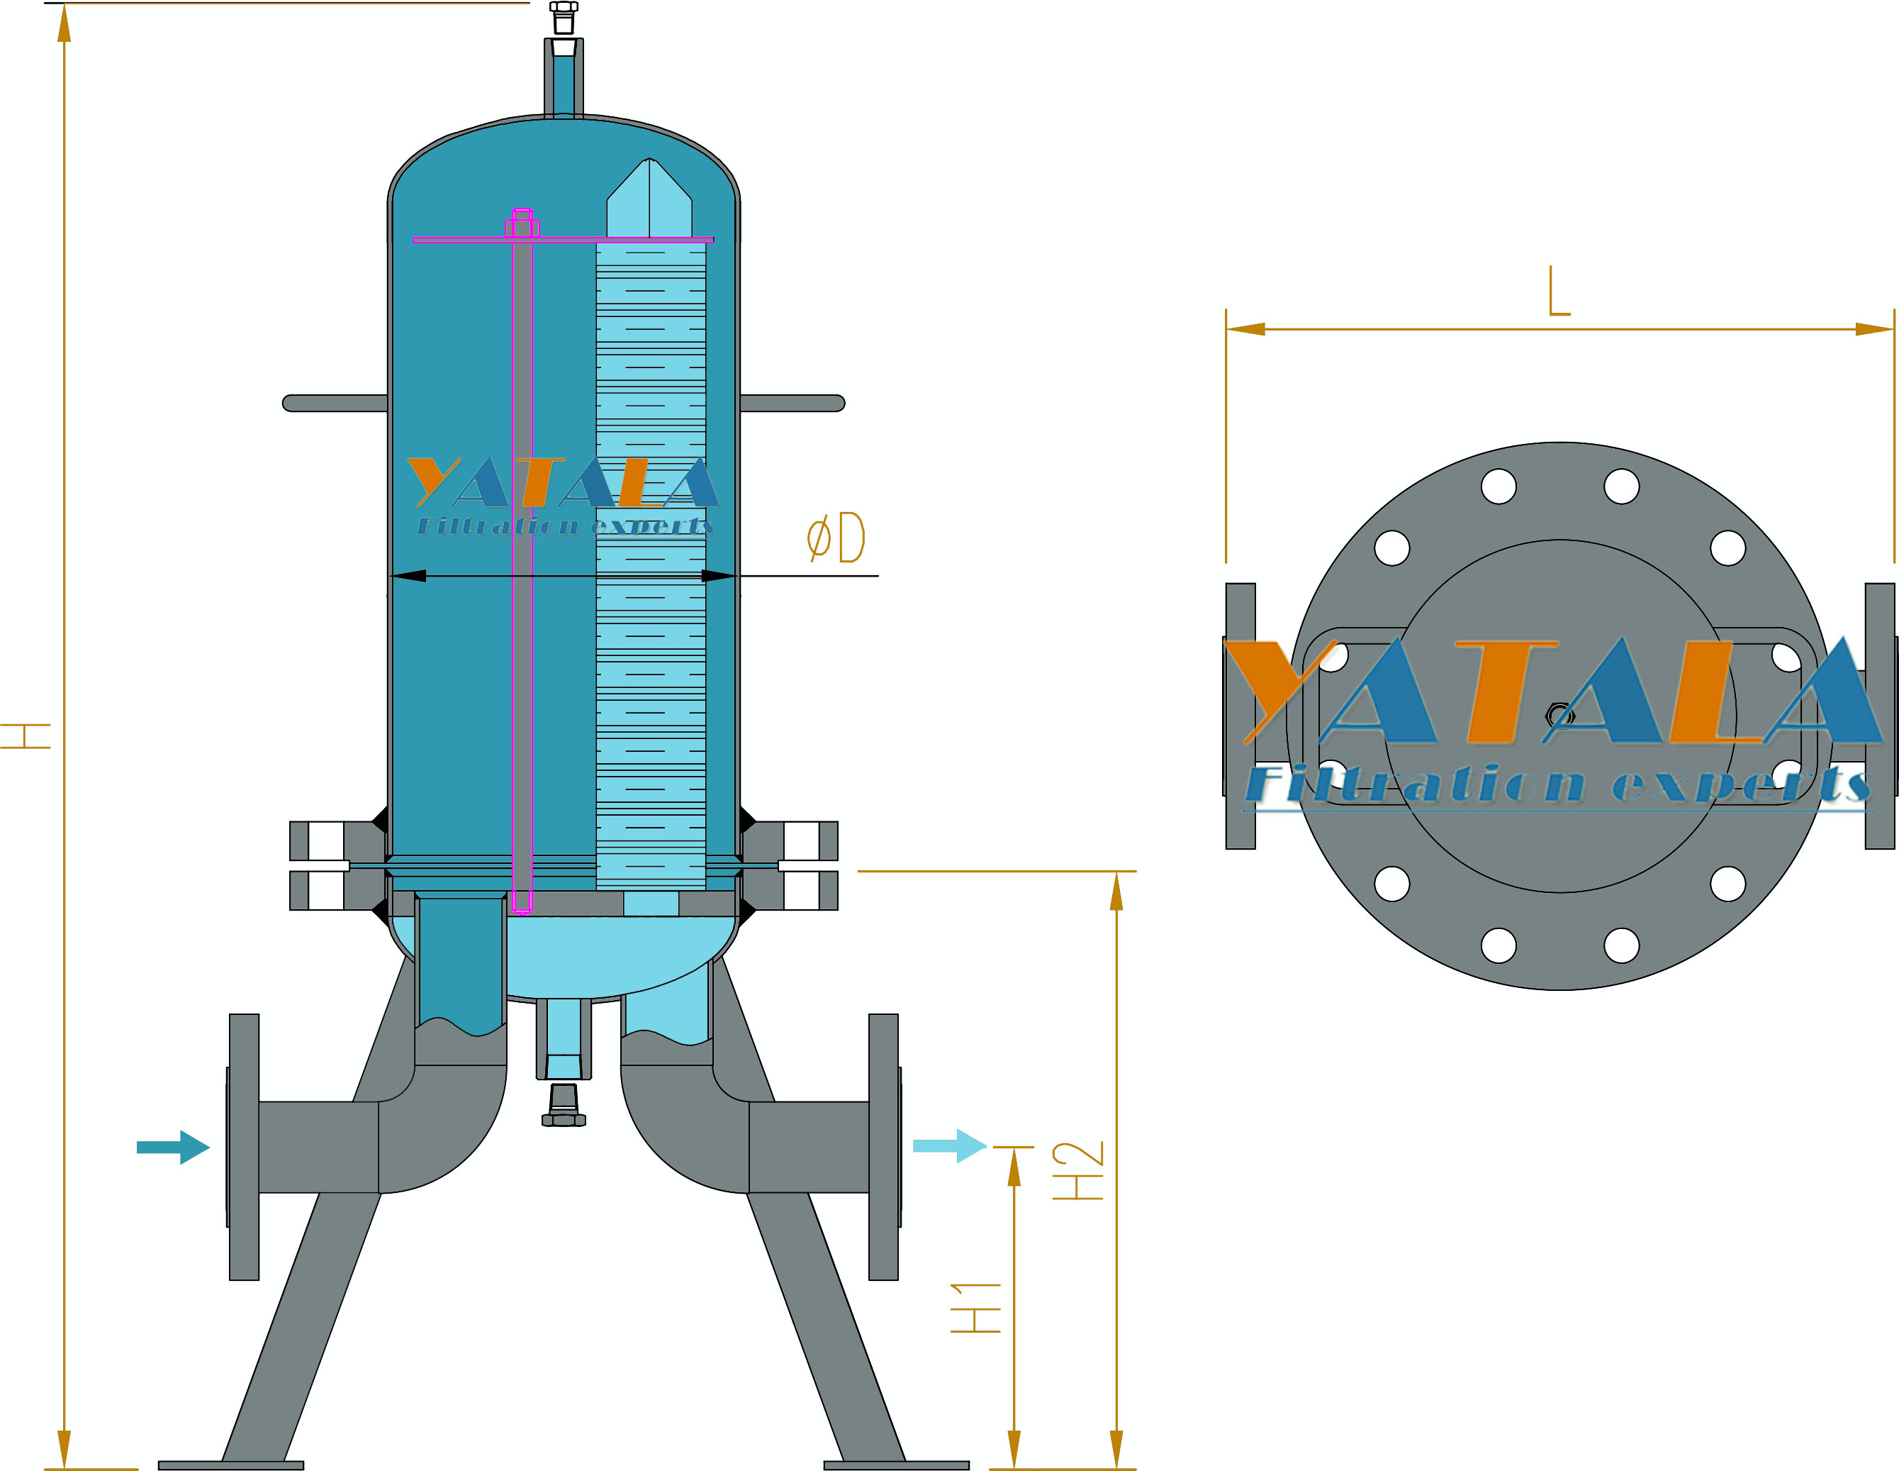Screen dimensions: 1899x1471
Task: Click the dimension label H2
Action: coord(1078,1170)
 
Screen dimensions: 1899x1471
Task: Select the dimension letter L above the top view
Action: coord(1559,291)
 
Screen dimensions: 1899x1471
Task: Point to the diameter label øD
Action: coord(836,538)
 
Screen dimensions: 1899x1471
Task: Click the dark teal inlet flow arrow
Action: coord(173,1147)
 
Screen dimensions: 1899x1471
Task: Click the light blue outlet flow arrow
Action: coord(950,1145)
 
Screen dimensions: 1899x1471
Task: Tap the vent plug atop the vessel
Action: coord(564,18)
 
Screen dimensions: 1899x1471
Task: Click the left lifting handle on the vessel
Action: coord(335,403)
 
